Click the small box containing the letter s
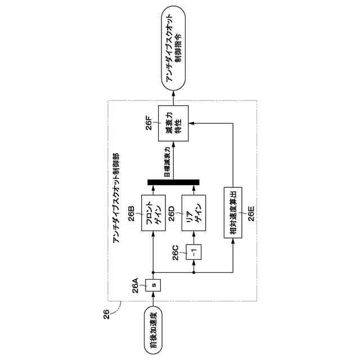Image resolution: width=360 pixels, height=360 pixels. coord(154,286)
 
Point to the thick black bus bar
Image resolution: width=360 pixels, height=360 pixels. coord(173,181)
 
